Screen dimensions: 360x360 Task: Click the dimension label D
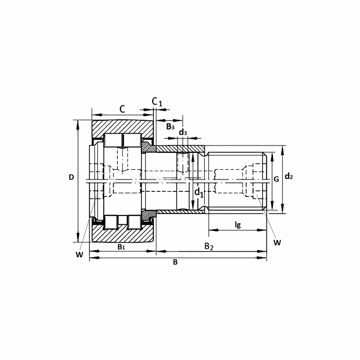[x=71, y=177]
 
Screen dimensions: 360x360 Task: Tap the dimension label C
[x=122, y=109]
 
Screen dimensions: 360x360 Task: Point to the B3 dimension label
[x=170, y=127]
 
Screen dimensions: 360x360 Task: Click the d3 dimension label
[x=183, y=132]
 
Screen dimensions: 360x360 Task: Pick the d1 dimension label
[x=199, y=192]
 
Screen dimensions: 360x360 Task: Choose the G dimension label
[x=277, y=179]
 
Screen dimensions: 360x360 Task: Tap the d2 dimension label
[x=289, y=176]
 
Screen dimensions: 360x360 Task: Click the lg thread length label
[x=238, y=224]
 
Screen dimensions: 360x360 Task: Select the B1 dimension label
[x=121, y=247]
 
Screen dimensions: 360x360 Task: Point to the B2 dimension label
[x=209, y=246]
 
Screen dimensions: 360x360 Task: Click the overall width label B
[x=175, y=262]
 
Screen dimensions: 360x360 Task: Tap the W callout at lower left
[x=79, y=255]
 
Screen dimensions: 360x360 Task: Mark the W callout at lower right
[x=277, y=242]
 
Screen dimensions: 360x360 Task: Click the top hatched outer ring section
[x=122, y=129]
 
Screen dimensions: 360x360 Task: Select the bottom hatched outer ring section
[x=122, y=233]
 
